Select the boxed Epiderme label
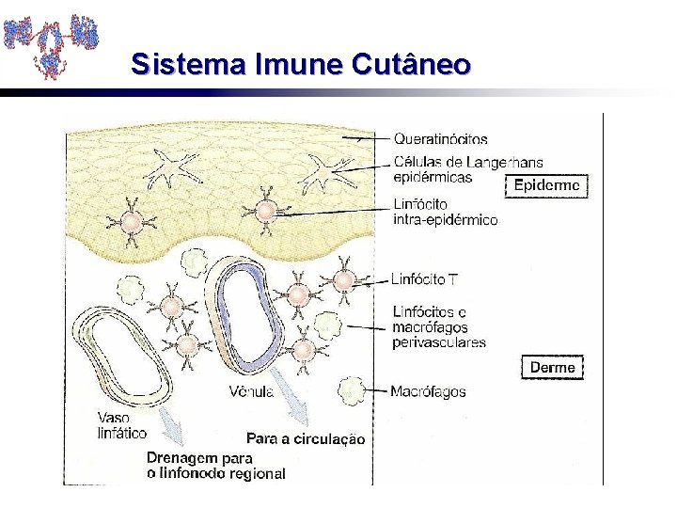tap(546, 186)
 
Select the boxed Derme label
tap(552, 367)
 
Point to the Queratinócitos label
tap(440, 139)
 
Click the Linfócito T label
tap(424, 279)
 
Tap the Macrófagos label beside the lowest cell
tap(428, 391)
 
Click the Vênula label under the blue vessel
tap(251, 391)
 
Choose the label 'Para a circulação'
tap(306, 438)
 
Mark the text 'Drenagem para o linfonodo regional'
tap(215, 465)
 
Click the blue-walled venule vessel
tap(246, 315)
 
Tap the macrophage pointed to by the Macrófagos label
tap(352, 388)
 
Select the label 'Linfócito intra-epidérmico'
tap(445, 212)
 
